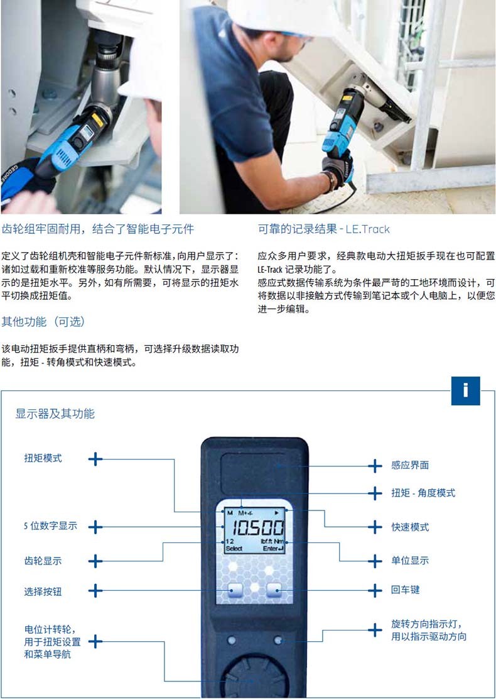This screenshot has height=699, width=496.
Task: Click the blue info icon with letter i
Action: tap(465, 390)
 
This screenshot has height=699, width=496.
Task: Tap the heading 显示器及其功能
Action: tap(55, 414)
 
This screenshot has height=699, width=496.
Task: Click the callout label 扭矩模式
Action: tap(43, 458)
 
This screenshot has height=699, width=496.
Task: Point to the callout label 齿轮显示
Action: tap(43, 561)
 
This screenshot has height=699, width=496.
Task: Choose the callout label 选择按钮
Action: tap(43, 592)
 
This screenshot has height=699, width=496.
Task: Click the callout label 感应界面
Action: tap(410, 465)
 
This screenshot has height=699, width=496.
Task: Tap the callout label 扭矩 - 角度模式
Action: tap(423, 493)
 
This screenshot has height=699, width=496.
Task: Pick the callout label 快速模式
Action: tap(410, 527)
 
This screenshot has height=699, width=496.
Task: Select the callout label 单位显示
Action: tap(410, 560)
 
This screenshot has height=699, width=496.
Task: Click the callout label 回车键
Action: tap(406, 590)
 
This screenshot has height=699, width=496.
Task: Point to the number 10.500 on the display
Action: tap(258, 528)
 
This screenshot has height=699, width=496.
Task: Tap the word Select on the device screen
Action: tap(234, 549)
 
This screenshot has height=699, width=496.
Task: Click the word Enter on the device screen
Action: tap(270, 549)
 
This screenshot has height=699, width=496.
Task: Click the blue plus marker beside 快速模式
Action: tap(375, 527)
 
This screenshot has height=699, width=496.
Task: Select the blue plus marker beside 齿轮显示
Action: tap(95, 561)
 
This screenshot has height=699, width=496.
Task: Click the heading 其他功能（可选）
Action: tap(43, 321)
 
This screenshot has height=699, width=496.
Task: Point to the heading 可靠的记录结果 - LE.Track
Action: tap(324, 229)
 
